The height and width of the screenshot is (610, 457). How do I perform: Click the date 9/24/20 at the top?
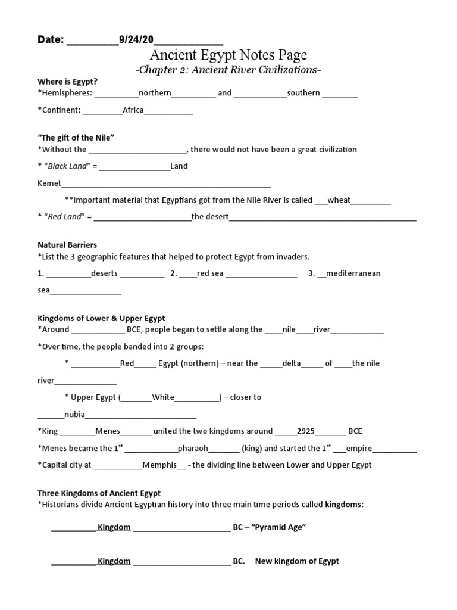pos(136,40)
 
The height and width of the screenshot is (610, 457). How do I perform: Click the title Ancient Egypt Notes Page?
pos(228,55)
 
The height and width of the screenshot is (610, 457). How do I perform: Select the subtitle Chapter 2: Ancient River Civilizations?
pos(228,70)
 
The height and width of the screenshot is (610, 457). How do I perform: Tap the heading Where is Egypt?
pos(67,82)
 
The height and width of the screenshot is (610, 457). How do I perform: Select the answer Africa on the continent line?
pos(133,110)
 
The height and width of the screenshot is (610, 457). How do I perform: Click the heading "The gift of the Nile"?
pos(76,138)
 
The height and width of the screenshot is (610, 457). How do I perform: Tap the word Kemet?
pos(49,183)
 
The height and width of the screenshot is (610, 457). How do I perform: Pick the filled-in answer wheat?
pos(339,200)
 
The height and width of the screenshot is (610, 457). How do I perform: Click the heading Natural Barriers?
pos(67,245)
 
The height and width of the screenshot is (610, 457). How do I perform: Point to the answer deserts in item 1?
pos(104,273)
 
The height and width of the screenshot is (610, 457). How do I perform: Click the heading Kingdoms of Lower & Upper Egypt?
pos(101,318)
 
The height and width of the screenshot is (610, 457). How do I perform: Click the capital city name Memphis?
pos(158,465)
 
